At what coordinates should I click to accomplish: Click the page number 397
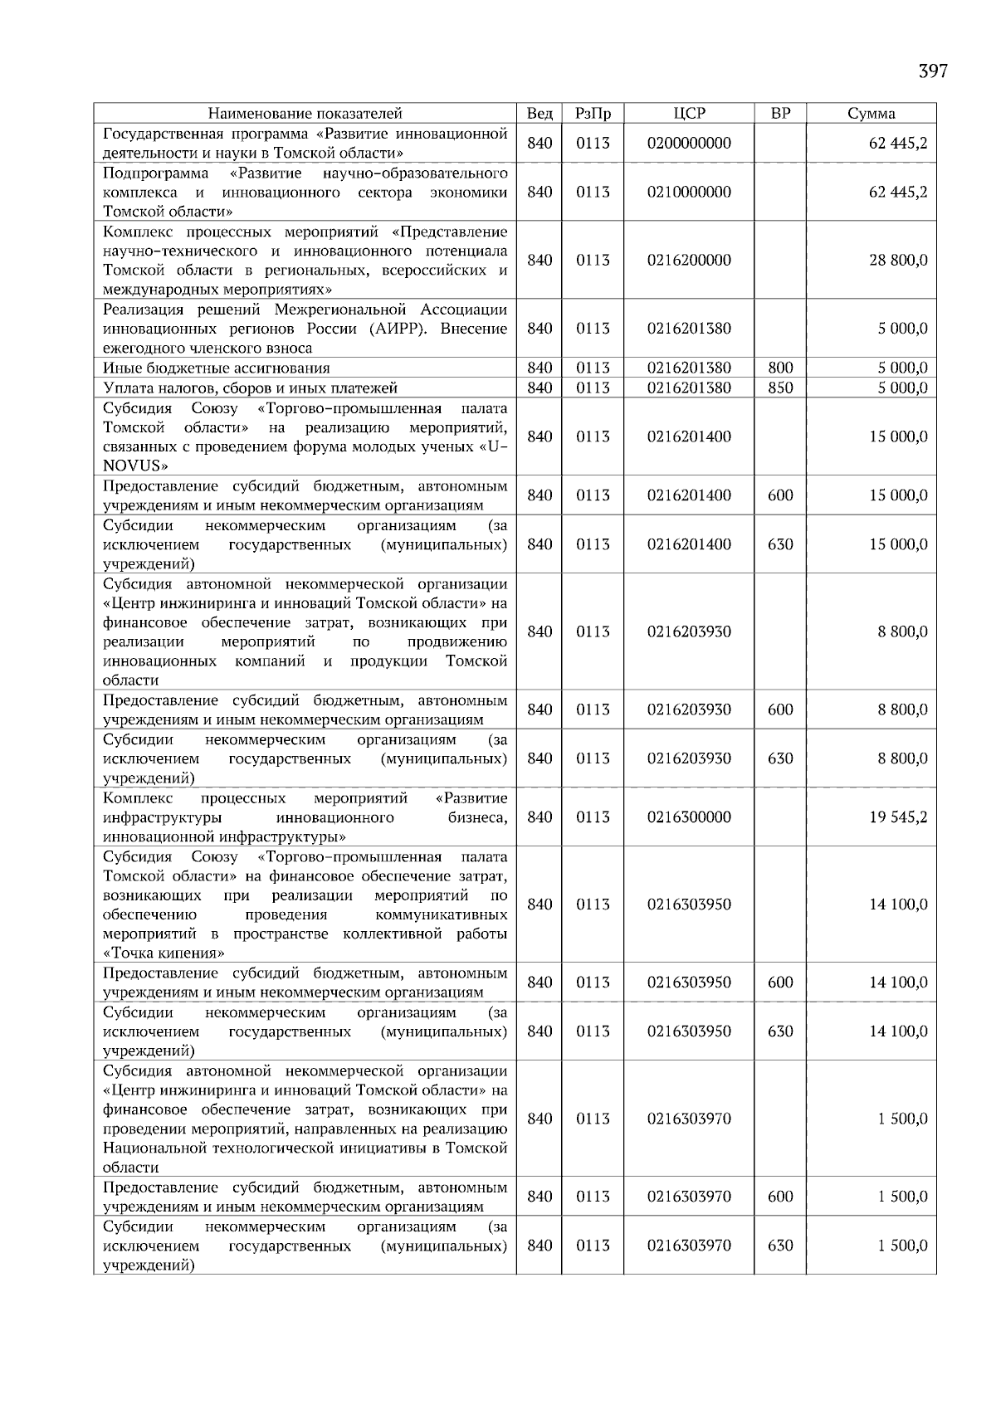pos(932,71)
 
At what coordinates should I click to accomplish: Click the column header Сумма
pos(871,114)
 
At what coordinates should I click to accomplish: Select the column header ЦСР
pos(689,114)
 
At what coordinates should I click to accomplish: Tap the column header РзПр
pos(593,114)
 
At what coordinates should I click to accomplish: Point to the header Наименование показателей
pos(305,114)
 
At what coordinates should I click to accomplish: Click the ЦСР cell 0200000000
pos(689,144)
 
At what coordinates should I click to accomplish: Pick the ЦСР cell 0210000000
pos(689,192)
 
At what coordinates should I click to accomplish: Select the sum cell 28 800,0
pos(898,260)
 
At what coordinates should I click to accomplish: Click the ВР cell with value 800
pos(780,368)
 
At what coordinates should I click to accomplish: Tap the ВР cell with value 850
pos(780,388)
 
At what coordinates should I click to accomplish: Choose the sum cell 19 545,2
pos(898,817)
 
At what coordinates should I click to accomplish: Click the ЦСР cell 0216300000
pos(689,817)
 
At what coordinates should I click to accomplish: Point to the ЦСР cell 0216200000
pos(689,260)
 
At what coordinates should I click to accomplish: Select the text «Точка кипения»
pos(163,953)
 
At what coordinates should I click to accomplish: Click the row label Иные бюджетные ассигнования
pos(216,368)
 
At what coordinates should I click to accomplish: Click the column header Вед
pos(539,114)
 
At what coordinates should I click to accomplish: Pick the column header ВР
pos(780,114)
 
